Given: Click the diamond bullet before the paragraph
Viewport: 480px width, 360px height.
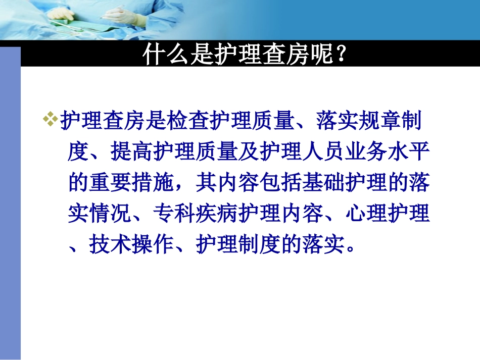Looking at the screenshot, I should click(51, 120).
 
